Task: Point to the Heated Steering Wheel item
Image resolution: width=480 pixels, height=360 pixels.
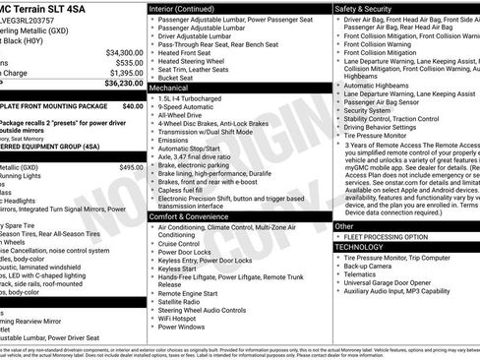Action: coord(196,60)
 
